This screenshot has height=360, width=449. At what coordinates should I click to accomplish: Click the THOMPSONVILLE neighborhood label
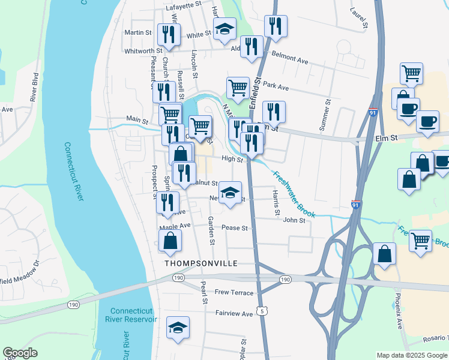(201, 263)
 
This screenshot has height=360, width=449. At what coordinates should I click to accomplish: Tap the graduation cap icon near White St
(224, 29)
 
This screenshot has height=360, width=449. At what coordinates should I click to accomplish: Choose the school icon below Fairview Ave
(178, 328)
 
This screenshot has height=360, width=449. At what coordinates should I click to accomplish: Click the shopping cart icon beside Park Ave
(238, 88)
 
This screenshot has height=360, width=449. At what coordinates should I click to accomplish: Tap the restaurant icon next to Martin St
(169, 35)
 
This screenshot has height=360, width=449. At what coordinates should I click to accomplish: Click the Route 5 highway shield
(262, 310)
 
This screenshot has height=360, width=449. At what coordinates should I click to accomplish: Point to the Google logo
(20, 353)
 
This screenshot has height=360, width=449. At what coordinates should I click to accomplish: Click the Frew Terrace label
(236, 292)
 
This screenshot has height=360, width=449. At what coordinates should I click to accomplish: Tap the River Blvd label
(34, 86)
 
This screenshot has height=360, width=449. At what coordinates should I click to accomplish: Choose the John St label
(294, 220)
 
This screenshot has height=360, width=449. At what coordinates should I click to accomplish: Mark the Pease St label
(235, 228)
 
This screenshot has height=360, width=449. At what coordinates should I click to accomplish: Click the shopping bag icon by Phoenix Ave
(384, 253)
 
